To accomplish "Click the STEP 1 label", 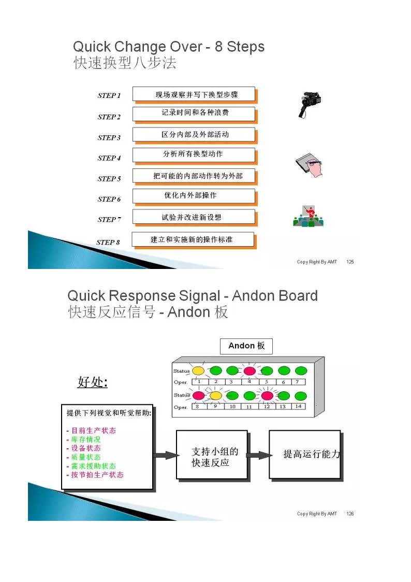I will pyautogui.click(x=109, y=96).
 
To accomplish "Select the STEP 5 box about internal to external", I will pyautogui.click(x=194, y=176).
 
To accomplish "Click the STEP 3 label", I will pyautogui.click(x=109, y=138).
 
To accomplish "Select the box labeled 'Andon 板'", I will pyautogui.click(x=246, y=346).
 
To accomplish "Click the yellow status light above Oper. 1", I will pyautogui.click(x=198, y=371).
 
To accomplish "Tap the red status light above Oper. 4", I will pyautogui.click(x=249, y=371).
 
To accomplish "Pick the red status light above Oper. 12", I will pyautogui.click(x=267, y=395).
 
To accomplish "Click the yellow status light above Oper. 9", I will pyautogui.click(x=216, y=395).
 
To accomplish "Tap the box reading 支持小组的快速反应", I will pyautogui.click(x=211, y=455).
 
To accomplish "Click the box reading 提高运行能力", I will pyautogui.click(x=305, y=455).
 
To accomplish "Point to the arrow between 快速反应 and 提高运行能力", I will pyautogui.click(x=258, y=455).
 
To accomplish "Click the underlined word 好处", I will pyautogui.click(x=92, y=382).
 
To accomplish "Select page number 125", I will pyautogui.click(x=350, y=262).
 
